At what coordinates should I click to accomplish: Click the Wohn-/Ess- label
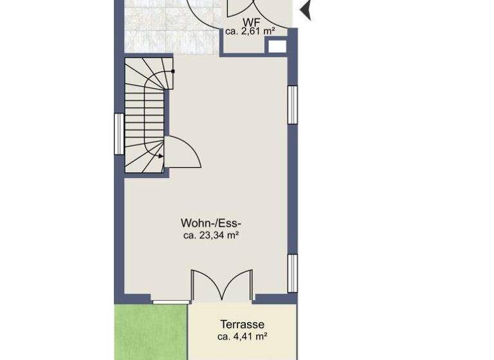click(210, 224)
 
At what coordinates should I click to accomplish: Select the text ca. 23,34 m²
click(211, 236)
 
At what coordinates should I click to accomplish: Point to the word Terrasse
click(242, 325)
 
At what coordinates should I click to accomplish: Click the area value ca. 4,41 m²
click(242, 336)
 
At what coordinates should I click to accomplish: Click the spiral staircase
click(145, 116)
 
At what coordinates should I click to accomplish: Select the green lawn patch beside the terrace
click(151, 332)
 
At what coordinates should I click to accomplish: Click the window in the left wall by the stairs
click(118, 134)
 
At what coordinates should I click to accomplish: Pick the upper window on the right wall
click(292, 104)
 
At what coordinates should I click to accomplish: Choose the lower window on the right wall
click(292, 273)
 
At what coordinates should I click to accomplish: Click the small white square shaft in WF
click(277, 46)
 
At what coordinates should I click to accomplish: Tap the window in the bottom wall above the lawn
click(170, 300)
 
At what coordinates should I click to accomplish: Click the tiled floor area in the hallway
click(161, 32)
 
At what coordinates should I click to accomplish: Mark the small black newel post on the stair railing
click(172, 71)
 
